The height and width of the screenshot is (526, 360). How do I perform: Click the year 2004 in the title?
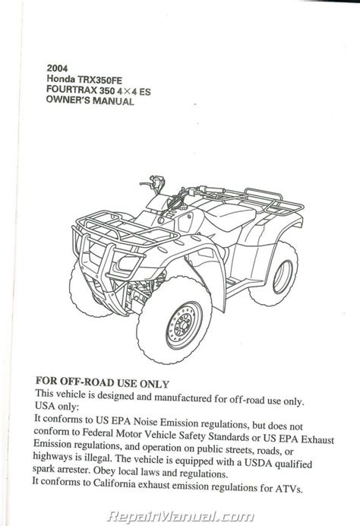point(57,68)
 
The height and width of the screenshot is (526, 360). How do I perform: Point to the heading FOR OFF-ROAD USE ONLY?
point(103,383)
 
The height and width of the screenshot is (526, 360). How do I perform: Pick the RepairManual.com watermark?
point(180,517)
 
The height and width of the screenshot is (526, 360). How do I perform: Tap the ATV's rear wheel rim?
point(283,277)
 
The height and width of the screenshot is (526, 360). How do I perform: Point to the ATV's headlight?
point(128,263)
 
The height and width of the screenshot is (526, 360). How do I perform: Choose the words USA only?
point(57,406)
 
